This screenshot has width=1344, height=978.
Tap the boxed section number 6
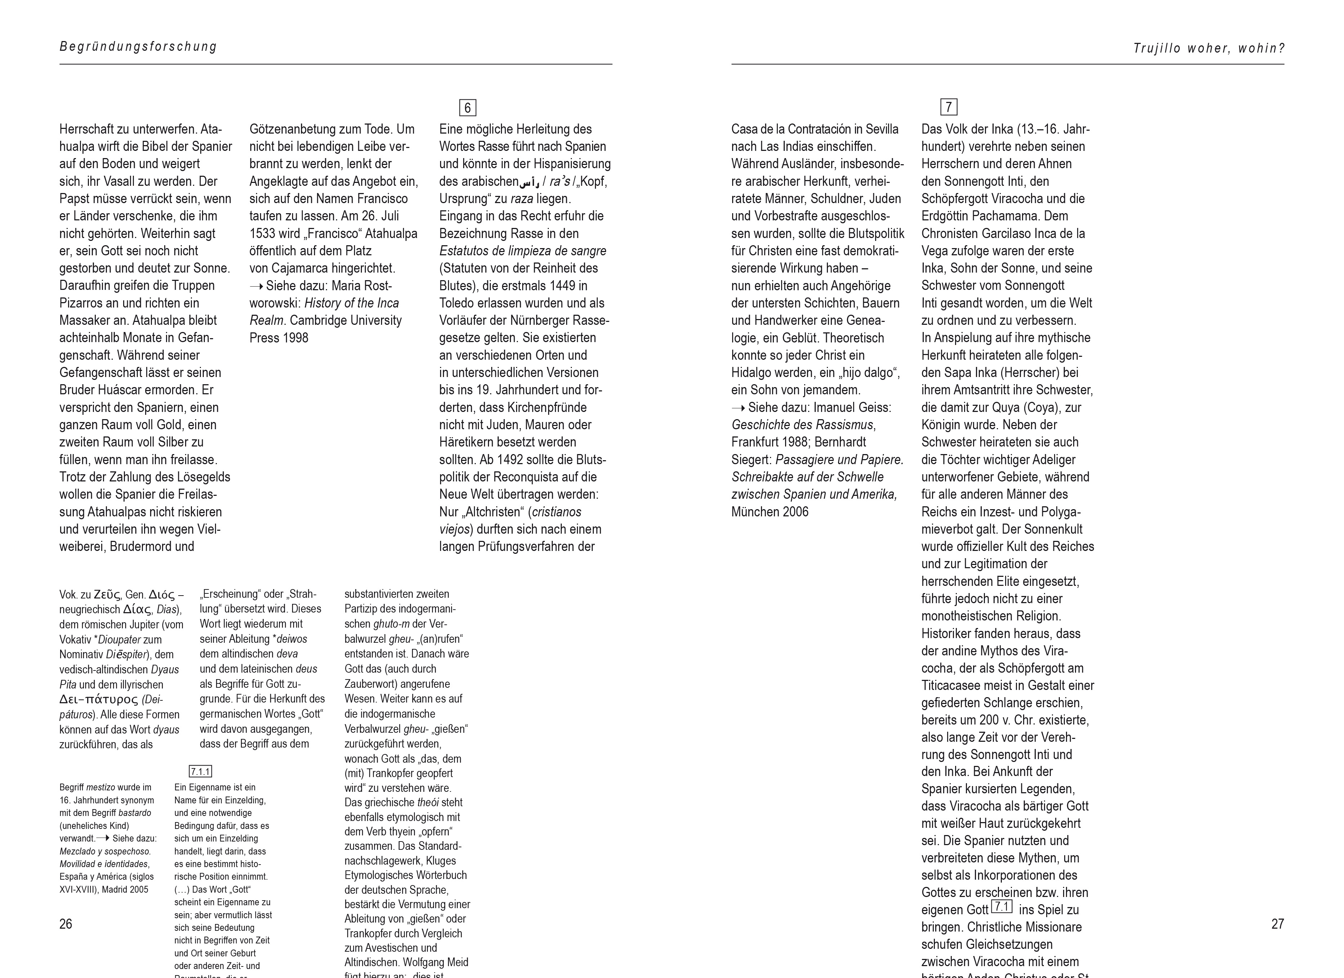pyautogui.click(x=467, y=108)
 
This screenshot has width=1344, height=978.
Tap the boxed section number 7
pyautogui.click(x=949, y=107)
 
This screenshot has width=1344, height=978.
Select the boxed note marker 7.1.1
pyautogui.click(x=200, y=771)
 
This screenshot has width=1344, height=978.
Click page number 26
pyautogui.click(x=66, y=924)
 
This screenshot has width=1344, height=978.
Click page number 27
pyautogui.click(x=1278, y=924)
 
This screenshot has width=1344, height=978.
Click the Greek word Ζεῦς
pyautogui.click(x=107, y=595)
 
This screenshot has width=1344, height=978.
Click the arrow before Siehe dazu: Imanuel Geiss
pyautogui.click(x=738, y=408)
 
